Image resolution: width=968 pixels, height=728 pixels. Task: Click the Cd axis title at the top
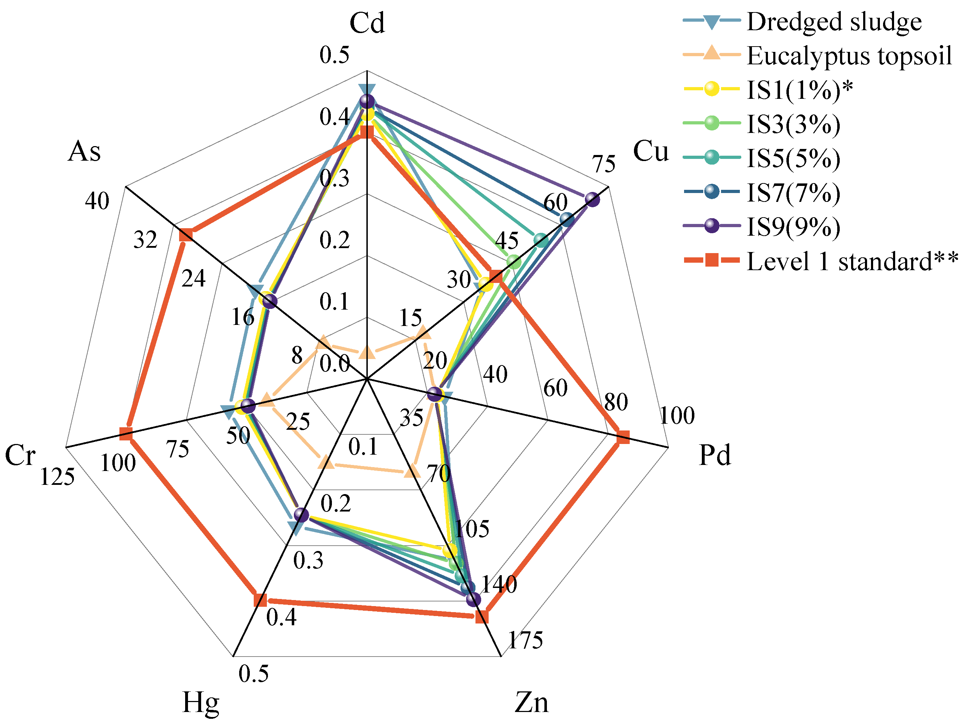(367, 23)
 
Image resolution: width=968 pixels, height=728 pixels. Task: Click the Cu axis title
(651, 151)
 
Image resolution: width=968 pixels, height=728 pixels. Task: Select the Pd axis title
(715, 455)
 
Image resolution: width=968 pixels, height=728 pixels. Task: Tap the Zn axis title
(531, 703)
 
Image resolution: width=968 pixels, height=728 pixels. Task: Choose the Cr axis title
(20, 455)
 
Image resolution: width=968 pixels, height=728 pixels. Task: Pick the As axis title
(84, 151)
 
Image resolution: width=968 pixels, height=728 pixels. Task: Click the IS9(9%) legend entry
(793, 227)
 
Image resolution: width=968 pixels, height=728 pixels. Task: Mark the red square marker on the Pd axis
(622, 437)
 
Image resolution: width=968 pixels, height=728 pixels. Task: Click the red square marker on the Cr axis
(126, 434)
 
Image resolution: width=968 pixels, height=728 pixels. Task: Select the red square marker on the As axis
(185, 235)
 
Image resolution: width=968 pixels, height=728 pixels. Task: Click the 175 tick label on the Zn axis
(525, 640)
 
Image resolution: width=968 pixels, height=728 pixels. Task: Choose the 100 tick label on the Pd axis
(677, 416)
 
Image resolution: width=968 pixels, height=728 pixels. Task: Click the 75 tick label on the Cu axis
(604, 164)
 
